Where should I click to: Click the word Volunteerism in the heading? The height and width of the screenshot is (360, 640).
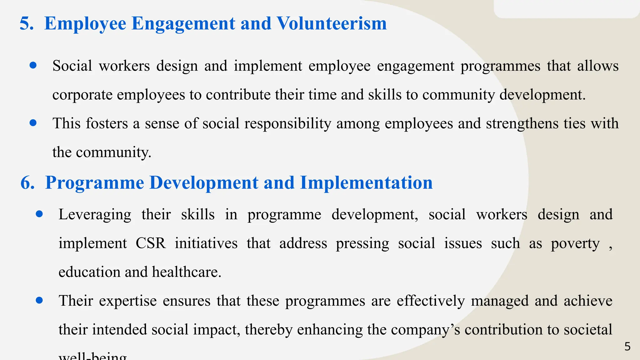point(332,23)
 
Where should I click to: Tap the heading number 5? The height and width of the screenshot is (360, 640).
point(26,23)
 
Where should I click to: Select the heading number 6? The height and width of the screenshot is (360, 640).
point(27,183)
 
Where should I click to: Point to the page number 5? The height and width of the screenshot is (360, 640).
point(627,347)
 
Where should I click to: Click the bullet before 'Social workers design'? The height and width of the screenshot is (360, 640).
point(33,65)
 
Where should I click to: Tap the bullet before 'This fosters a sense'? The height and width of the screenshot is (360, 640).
point(33,123)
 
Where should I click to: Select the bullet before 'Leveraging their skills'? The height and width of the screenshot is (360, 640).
point(39,214)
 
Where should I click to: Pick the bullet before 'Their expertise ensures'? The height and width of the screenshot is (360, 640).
point(39,300)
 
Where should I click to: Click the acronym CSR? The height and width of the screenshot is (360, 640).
point(151,243)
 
